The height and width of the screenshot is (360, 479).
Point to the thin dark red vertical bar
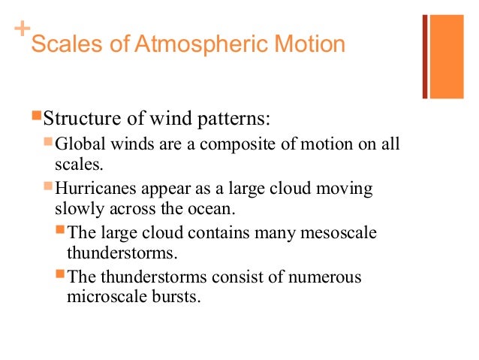click(424, 56)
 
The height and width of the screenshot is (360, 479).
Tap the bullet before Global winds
click(49, 141)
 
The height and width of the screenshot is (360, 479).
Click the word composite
click(226, 144)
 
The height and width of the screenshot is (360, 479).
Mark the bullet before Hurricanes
click(49, 185)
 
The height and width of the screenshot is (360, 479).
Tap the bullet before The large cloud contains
click(62, 230)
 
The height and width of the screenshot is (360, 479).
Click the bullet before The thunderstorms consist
click(62, 275)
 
